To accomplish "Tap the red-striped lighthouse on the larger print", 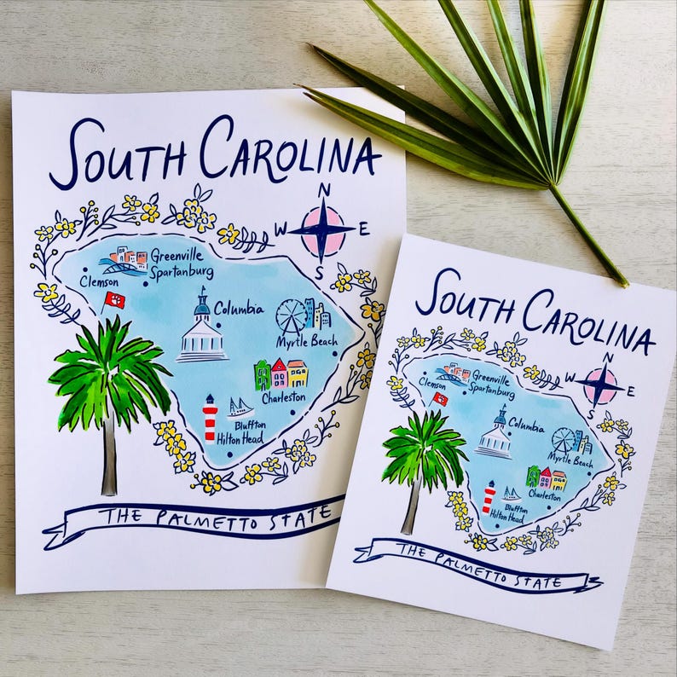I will coord(210,419).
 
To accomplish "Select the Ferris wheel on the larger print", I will coord(292,315).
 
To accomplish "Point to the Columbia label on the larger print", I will coord(238,308).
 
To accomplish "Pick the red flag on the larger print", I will coord(114,299).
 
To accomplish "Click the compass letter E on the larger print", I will coord(364,229).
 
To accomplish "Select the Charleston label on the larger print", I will coord(283,396).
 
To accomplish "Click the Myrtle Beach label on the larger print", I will coord(304,342).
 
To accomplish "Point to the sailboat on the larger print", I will coord(240,407).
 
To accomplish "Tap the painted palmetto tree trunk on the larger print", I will coord(109,460).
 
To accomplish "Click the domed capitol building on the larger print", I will coord(202,333).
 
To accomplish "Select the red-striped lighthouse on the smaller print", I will coord(489,497).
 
